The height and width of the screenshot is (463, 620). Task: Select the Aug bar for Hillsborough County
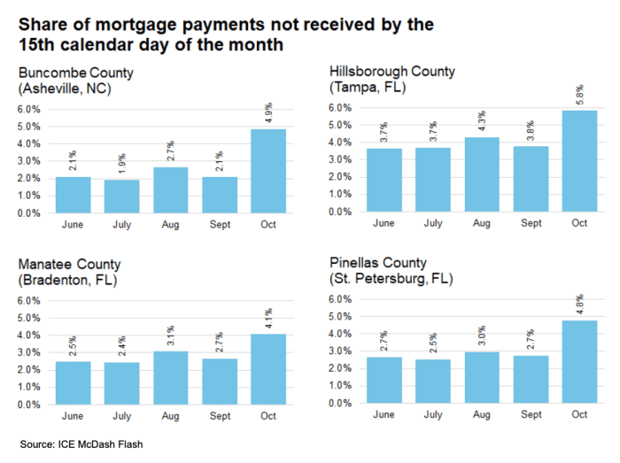pos(483,175)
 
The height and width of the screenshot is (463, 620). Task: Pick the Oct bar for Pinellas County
pos(580,361)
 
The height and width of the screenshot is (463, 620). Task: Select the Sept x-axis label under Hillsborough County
pos(531,224)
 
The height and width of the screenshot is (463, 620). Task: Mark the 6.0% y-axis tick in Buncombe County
pos(29,109)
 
